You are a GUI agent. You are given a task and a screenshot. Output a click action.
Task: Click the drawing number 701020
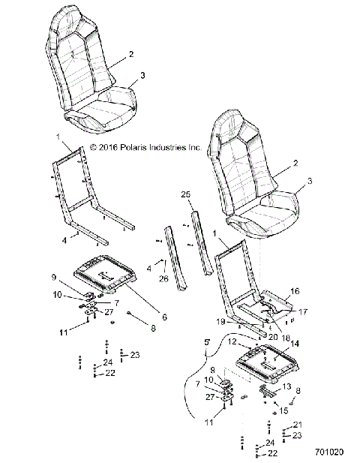(329, 453)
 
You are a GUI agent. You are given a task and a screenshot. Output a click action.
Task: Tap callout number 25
(186, 194)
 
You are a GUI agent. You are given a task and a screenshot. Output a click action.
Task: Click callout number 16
(295, 290)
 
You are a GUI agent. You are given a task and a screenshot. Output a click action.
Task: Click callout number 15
(283, 410)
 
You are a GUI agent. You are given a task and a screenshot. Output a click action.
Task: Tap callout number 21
(297, 424)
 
